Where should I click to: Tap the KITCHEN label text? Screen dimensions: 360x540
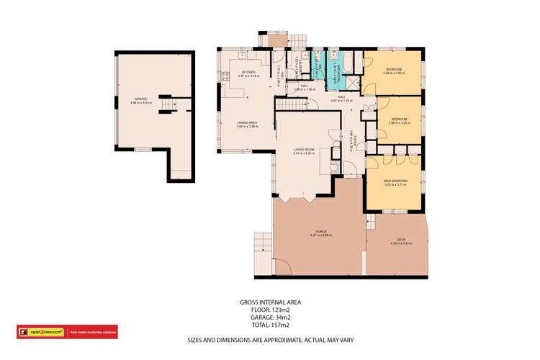coord(249,73)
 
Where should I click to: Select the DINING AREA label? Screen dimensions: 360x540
coord(248,123)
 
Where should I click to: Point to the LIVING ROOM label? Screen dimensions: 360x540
coord(304,150)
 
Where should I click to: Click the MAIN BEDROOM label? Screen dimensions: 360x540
coord(395,181)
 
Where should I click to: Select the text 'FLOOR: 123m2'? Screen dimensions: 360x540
coord(270,310)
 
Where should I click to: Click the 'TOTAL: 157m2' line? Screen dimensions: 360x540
coord(270,324)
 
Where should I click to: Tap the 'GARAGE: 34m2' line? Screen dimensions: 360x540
coord(270,317)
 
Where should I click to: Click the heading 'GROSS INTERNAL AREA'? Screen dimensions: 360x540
coord(270,302)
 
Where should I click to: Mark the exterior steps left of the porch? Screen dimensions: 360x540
coord(262,247)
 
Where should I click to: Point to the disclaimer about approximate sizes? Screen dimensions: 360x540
coord(270,339)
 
